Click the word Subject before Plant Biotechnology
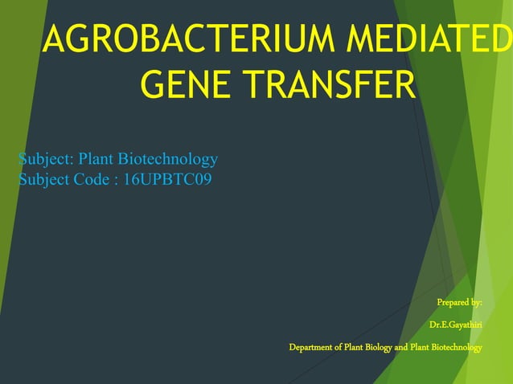pyautogui.click(x=44, y=159)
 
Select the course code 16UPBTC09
pyautogui.click(x=168, y=179)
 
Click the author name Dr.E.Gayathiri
pyautogui.click(x=455, y=325)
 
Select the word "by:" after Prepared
pyautogui.click(x=475, y=302)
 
